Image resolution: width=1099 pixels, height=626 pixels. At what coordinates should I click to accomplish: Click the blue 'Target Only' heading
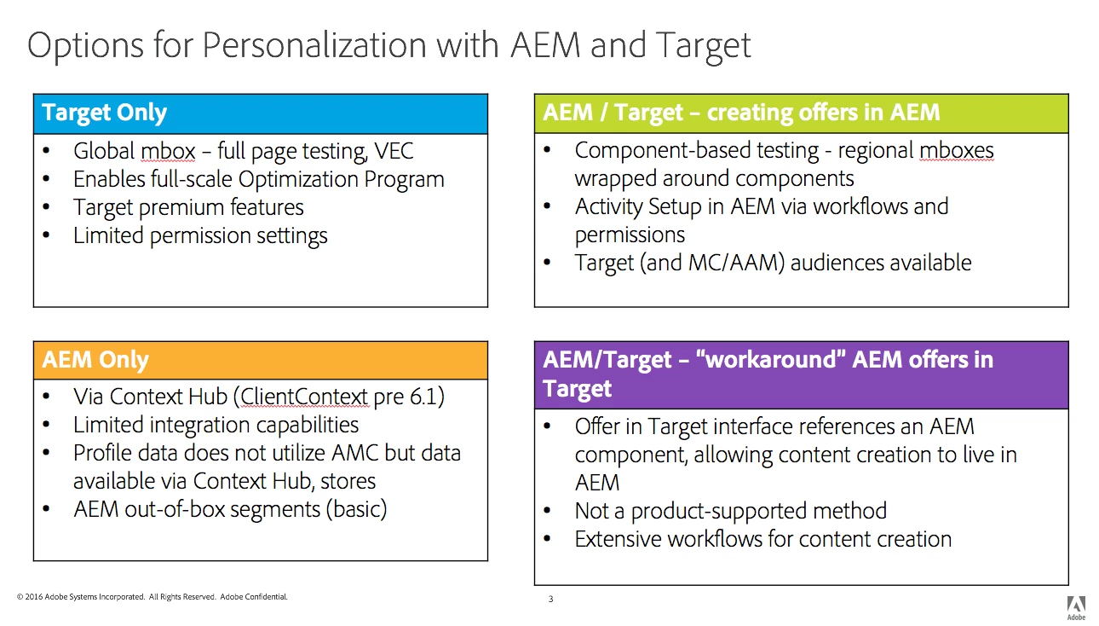[x=104, y=113]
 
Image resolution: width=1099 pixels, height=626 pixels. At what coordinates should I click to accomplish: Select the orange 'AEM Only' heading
[x=95, y=361]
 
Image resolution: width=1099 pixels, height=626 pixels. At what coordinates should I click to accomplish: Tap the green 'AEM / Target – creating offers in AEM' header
[x=741, y=113]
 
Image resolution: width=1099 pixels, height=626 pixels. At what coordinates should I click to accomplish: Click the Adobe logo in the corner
[x=1076, y=605]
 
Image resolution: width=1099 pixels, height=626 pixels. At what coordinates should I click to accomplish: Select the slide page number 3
[x=550, y=600]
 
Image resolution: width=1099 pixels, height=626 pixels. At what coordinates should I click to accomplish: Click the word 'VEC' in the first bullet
[x=394, y=152]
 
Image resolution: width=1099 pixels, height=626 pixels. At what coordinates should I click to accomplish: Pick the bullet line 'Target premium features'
[x=188, y=207]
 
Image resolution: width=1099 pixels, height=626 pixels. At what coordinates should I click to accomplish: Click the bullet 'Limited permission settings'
[x=200, y=235]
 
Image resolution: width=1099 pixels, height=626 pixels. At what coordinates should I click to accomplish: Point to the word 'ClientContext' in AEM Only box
[x=305, y=397]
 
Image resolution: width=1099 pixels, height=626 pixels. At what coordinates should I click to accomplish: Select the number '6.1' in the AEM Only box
[x=423, y=397]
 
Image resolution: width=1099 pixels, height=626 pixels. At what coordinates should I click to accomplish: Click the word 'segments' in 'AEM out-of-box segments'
[x=289, y=509]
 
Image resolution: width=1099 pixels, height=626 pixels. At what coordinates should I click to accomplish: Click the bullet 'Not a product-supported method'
[x=730, y=511]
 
